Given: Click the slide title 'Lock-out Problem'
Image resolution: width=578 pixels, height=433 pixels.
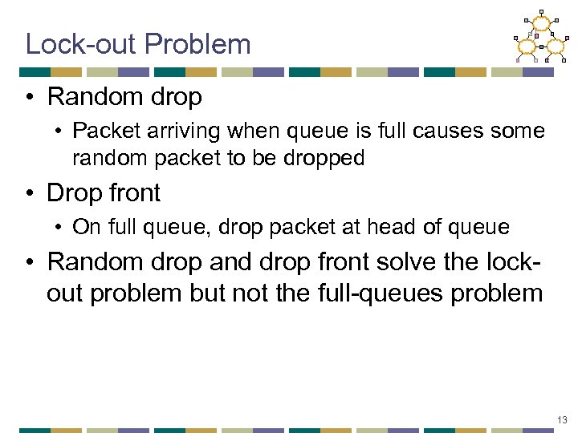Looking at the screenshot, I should pyautogui.click(x=138, y=43).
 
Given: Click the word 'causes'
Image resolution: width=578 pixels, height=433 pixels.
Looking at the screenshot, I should pyautogui.click(x=448, y=131).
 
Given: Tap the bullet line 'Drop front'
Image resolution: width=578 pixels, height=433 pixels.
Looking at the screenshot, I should pyautogui.click(x=104, y=192).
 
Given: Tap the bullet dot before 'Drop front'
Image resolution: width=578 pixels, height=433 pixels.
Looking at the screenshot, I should pyautogui.click(x=30, y=193).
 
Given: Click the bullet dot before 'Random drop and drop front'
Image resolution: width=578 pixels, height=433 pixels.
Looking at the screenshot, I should pyautogui.click(x=30, y=262).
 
